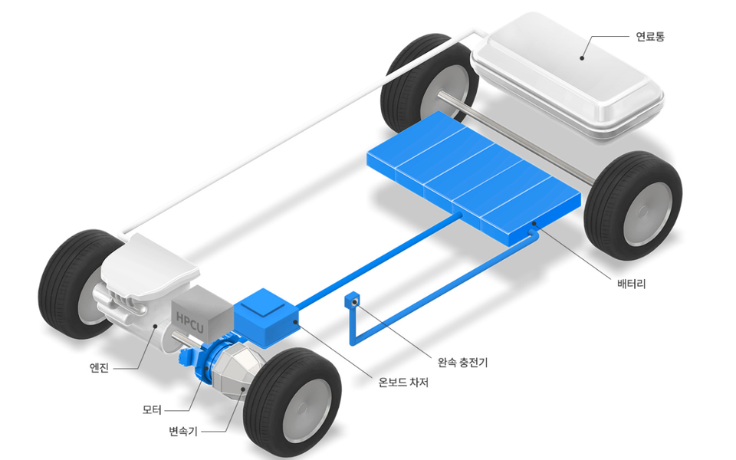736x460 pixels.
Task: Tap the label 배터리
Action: coord(632,284)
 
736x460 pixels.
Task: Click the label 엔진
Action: coord(100,368)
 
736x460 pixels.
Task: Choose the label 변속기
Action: coord(182,432)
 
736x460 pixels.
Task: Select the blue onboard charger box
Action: coord(266,315)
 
